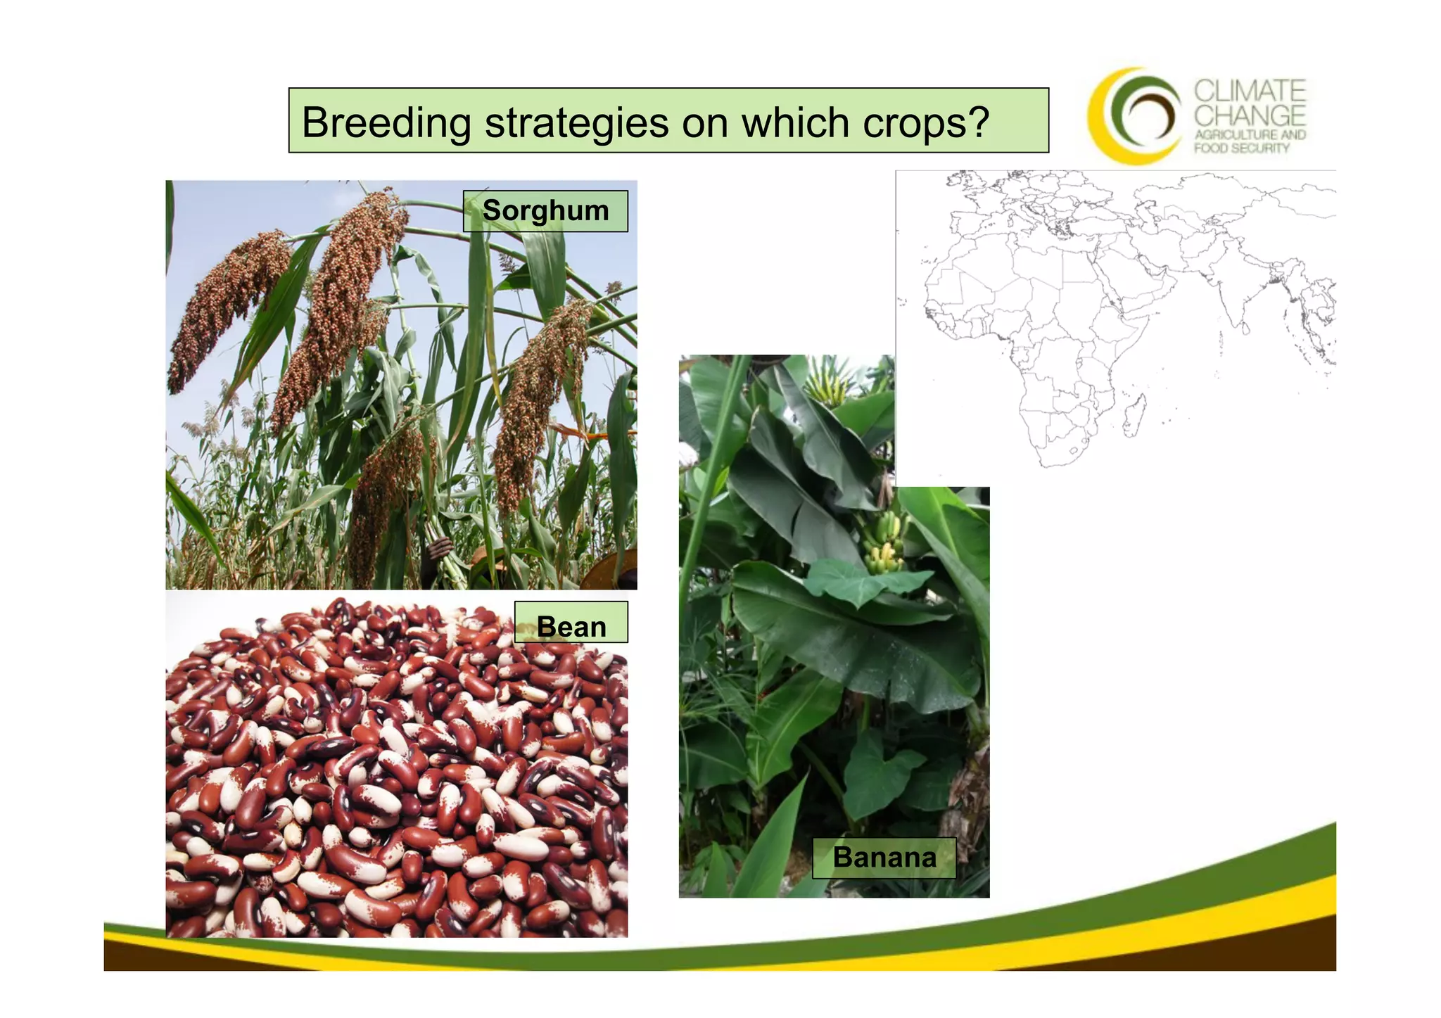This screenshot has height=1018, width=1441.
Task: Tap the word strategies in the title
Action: pyautogui.click(x=576, y=122)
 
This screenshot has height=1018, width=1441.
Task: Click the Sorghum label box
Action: pyautogui.click(x=545, y=211)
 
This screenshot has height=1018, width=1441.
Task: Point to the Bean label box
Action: pyautogui.click(x=571, y=623)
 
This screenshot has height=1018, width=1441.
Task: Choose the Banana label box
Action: pyautogui.click(x=884, y=858)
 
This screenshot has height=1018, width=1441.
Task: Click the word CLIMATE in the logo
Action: pyautogui.click(x=1250, y=91)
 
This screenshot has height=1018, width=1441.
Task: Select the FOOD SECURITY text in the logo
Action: pyautogui.click(x=1242, y=148)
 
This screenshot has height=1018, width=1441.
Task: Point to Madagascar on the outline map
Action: pyautogui.click(x=1134, y=415)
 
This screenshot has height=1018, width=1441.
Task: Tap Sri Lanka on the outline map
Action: pyautogui.click(x=1244, y=328)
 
